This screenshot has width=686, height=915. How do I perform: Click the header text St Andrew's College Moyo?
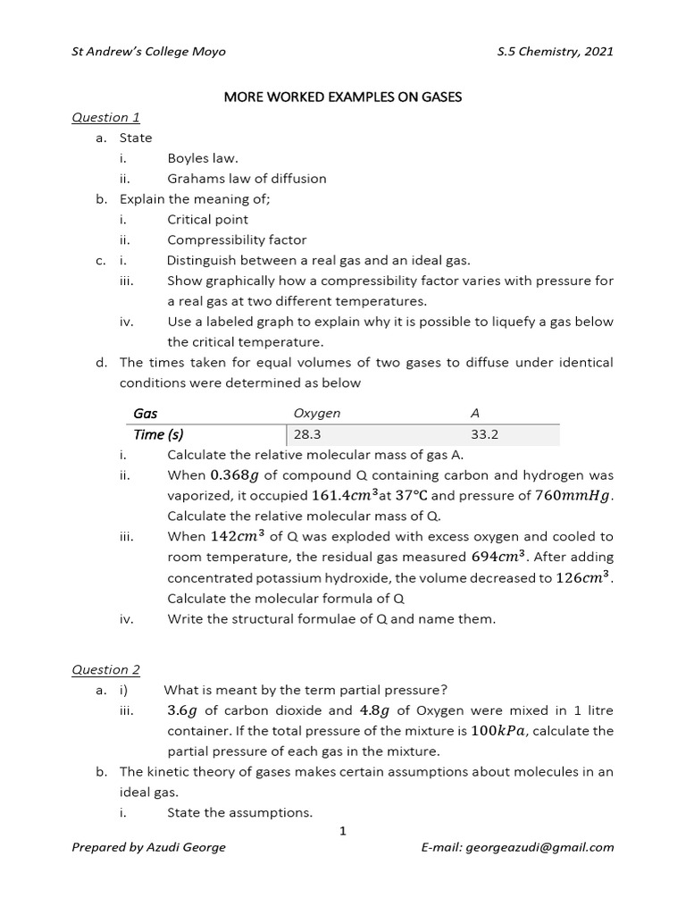click(148, 51)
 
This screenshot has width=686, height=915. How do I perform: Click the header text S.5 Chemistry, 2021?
click(555, 51)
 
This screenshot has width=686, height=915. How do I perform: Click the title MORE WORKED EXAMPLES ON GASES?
click(342, 97)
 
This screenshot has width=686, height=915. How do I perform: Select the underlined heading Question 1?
click(105, 117)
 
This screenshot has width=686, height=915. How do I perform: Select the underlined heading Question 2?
click(105, 669)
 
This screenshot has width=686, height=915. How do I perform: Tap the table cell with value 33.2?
click(484, 435)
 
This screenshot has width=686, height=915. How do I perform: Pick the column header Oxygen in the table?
click(316, 413)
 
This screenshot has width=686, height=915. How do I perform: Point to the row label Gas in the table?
click(145, 413)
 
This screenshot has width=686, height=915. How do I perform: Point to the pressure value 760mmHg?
click(574, 496)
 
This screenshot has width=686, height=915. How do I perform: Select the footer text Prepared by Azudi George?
click(148, 847)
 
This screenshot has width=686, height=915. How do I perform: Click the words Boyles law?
click(201, 158)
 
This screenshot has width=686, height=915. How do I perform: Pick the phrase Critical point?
click(207, 219)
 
